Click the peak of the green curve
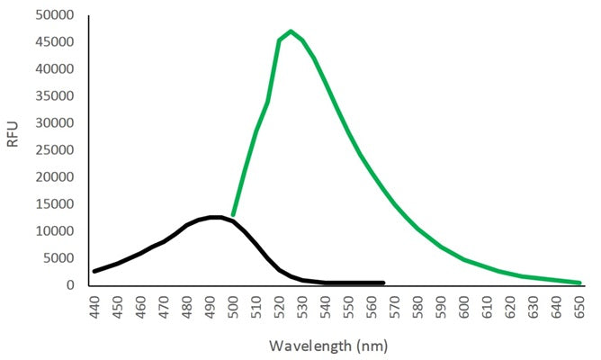tap(291, 31)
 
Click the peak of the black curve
tap(216, 217)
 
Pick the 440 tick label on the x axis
tap(95, 306)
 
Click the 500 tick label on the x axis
tap(234, 306)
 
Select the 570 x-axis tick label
tap(395, 306)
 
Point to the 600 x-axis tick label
tap(464, 306)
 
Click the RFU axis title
tap(13, 150)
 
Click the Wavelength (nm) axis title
tap(337, 345)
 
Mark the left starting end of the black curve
tap(95, 271)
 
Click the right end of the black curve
tap(383, 283)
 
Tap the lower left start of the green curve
tap(234, 214)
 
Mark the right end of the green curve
tap(579, 283)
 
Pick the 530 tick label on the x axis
tap(303, 306)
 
